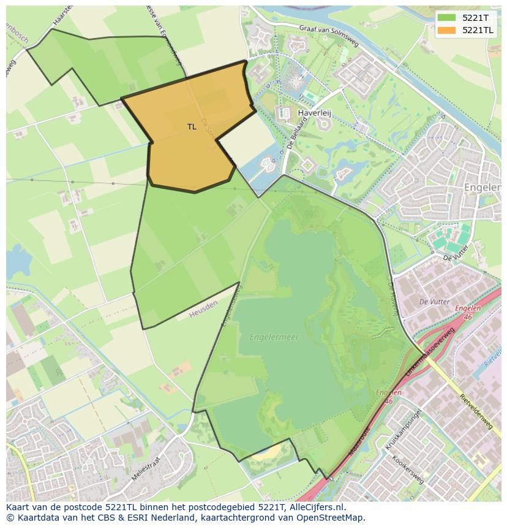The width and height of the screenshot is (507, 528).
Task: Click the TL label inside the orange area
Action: coord(192,127)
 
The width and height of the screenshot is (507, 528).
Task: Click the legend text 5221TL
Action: coord(478,29)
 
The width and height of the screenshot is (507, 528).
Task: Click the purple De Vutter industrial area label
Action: coord(434,302)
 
